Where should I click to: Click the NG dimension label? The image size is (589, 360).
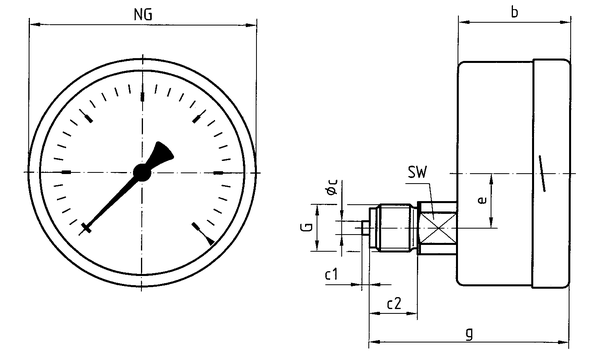pyautogui.click(x=143, y=15)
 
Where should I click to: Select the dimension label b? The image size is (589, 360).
pyautogui.click(x=514, y=12)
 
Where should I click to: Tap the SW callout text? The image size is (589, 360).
pyautogui.click(x=418, y=172)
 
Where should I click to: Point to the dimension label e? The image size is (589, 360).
pyautogui.click(x=482, y=200)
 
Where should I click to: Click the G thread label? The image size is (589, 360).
pyautogui.click(x=307, y=227)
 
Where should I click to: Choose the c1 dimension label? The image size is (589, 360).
pyautogui.click(x=331, y=274)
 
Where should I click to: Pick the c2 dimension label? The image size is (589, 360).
pyautogui.click(x=394, y=303)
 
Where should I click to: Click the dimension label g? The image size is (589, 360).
pyautogui.click(x=469, y=333)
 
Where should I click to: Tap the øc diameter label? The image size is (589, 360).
pyautogui.click(x=332, y=187)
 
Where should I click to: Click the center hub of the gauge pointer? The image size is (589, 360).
pyautogui.click(x=142, y=172)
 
